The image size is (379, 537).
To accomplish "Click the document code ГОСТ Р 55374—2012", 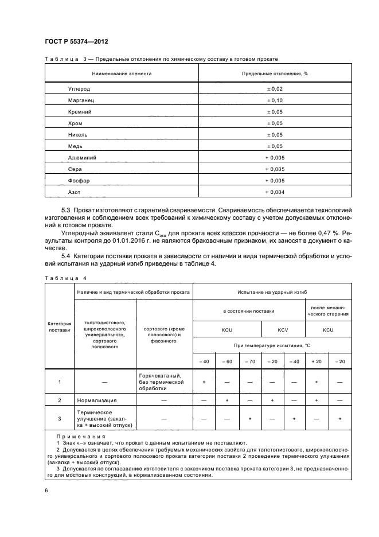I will [76, 42].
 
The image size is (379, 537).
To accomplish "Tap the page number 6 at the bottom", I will [46, 489].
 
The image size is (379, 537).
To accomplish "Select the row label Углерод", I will [79, 89].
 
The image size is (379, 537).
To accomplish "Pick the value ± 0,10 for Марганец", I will [275, 100].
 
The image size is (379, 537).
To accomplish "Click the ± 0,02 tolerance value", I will [275, 89].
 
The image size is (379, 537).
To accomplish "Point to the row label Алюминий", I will [82, 157].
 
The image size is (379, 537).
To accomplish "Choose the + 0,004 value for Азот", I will [275, 192].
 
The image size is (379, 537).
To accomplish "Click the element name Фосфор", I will [80, 180].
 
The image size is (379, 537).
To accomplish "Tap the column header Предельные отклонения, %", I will [275, 73].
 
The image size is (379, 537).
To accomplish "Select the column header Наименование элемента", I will [122, 73].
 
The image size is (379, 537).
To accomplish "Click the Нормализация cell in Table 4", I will [96, 400].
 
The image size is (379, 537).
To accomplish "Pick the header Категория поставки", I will [59, 327].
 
